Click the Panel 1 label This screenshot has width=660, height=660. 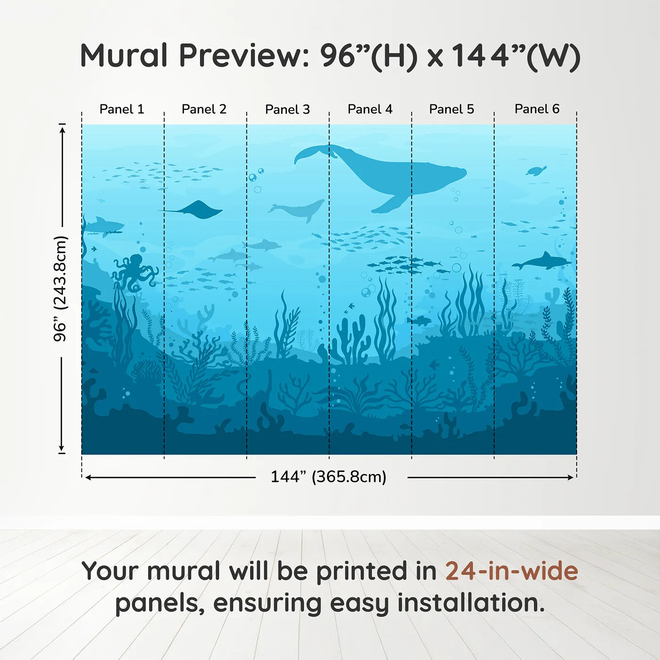(122, 109)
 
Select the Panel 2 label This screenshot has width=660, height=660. (204, 109)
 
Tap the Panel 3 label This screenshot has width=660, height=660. (287, 110)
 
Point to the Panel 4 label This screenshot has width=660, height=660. (370, 109)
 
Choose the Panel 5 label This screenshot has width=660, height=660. (451, 109)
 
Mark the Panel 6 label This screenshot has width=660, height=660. (536, 109)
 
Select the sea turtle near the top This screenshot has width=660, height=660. (536, 171)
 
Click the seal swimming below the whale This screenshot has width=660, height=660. (299, 209)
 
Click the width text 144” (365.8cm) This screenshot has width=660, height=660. (328, 477)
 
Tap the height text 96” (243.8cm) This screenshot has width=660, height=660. (60, 289)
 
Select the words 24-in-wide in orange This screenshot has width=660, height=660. (511, 571)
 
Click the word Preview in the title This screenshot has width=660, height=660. (244, 56)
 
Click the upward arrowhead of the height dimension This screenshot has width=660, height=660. (62, 128)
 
